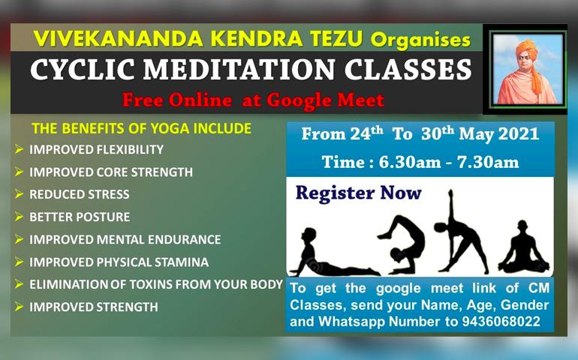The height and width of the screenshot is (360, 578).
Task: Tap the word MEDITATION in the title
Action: pos(239,70)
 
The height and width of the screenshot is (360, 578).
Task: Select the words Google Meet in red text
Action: pos(326,100)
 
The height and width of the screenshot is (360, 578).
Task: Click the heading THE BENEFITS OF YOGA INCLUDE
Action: pos(142,128)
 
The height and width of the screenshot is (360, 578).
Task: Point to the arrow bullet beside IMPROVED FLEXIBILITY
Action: pos(19,149)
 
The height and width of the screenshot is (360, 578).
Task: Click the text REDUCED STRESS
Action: pos(80,194)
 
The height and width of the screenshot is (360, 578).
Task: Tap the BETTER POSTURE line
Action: pos(80,217)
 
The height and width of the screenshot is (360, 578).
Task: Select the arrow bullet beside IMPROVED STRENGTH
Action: pos(19,307)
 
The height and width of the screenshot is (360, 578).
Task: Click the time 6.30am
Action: pos(410,163)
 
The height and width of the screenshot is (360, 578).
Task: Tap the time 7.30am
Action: pos(488,163)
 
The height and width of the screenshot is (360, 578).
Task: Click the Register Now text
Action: pos(358,193)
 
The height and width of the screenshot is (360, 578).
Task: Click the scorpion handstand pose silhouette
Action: pos(402,244)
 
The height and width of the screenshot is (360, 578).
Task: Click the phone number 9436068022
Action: pos(501,322)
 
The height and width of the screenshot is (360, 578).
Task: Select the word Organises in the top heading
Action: pos(420,40)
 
